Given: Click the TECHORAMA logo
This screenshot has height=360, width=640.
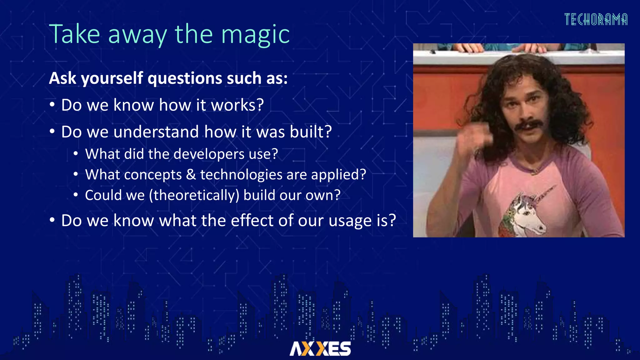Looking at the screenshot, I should pyautogui.click(x=596, y=20).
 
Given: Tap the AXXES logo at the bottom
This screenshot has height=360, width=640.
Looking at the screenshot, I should pyautogui.click(x=320, y=348).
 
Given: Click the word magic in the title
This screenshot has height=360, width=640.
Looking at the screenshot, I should pyautogui.click(x=255, y=34).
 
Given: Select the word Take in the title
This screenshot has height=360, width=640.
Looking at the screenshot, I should pyautogui.click(x=75, y=34).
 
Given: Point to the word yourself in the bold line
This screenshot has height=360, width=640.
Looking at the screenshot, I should pyautogui.click(x=112, y=78).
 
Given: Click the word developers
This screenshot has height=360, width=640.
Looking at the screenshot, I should pyautogui.click(x=209, y=154).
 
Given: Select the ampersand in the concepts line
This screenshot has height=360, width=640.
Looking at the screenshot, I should pyautogui.click(x=191, y=175).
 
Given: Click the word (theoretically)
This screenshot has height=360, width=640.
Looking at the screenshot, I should pyautogui.click(x=194, y=195).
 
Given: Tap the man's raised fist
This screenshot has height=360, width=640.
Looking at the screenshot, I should pyautogui.click(x=475, y=137).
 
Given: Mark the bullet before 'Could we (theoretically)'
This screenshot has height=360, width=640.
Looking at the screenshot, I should pyautogui.click(x=76, y=195).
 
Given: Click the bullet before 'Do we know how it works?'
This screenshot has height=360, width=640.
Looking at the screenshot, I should pyautogui.click(x=52, y=105).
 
